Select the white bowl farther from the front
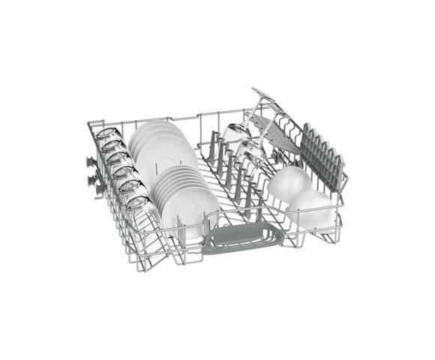[x=289, y=181]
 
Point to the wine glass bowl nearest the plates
[x=234, y=135]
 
